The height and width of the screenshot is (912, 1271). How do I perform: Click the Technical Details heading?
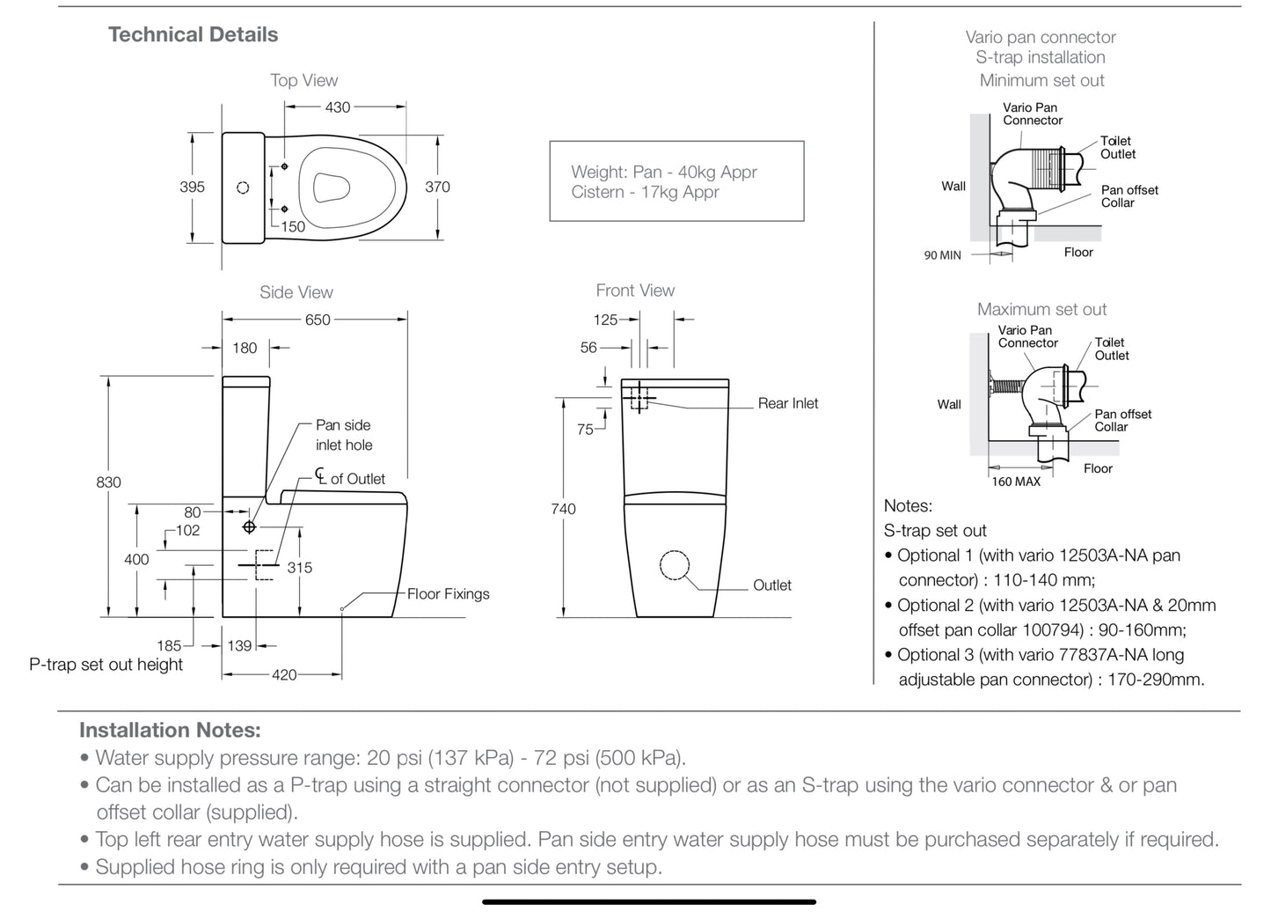[x=193, y=34]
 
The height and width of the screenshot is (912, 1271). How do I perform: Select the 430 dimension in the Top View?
[x=338, y=107]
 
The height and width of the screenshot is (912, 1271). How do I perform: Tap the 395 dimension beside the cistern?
[x=192, y=187]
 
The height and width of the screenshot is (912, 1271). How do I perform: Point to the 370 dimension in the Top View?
[x=437, y=187]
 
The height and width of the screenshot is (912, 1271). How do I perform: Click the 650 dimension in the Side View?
[x=318, y=320]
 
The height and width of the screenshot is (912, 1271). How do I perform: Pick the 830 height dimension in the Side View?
[x=108, y=482]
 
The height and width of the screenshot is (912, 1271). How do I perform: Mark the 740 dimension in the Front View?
[x=563, y=509]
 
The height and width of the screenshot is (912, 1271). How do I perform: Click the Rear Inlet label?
[x=787, y=403]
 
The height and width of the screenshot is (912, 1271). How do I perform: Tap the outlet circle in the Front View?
[x=675, y=565]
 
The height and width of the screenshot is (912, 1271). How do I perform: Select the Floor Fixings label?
[x=448, y=594]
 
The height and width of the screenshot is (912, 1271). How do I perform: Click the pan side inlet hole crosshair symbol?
[x=250, y=526]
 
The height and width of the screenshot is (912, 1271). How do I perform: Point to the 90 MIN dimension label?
[x=942, y=255]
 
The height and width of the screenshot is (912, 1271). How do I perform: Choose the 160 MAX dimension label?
[x=1016, y=482]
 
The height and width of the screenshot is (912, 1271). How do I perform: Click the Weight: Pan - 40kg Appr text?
[x=663, y=173]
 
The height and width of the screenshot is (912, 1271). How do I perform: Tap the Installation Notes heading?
[x=170, y=730]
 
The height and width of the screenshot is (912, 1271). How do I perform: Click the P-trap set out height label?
[x=106, y=665]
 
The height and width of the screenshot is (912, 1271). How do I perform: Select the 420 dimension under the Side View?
[x=284, y=675]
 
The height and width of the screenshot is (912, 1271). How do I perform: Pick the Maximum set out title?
[x=1041, y=309]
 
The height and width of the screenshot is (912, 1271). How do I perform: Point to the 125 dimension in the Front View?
[x=605, y=320]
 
